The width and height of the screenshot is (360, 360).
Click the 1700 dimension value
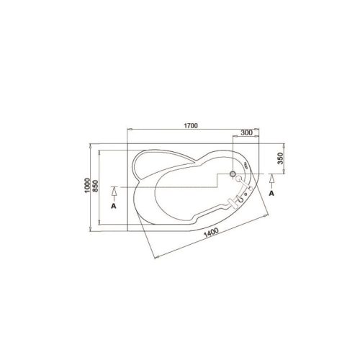[x=191, y=125]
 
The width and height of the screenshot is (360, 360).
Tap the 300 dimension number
[x=246, y=132]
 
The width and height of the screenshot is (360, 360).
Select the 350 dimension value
[x=280, y=158]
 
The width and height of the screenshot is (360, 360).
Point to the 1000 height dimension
[x=87, y=185]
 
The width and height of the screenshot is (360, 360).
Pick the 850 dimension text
[x=96, y=186]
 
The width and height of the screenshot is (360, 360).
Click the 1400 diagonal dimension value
[x=211, y=233]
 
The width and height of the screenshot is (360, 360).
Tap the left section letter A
[x=114, y=206]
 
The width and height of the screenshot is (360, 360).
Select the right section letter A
[x=271, y=193]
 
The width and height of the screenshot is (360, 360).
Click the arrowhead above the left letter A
[x=114, y=191]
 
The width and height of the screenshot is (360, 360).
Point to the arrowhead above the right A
[x=271, y=179]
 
